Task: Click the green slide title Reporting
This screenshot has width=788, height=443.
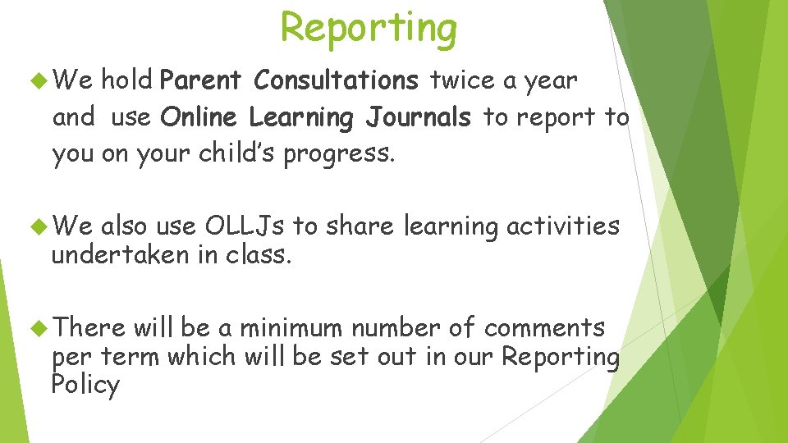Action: pos(369,28)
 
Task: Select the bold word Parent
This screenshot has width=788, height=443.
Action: pos(201,80)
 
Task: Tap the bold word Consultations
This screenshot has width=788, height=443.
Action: pos(336,80)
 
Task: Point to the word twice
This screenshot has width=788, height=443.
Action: pos(461,80)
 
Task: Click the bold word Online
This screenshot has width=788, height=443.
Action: pos(200,117)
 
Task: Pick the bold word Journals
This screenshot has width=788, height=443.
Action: pos(419,117)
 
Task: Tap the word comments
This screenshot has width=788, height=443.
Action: pos(544,328)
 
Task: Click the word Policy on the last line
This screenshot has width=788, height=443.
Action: pos(85,385)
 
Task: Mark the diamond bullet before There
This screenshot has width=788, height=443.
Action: pos(36,328)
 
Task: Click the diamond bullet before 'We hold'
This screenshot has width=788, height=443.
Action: pos(36,80)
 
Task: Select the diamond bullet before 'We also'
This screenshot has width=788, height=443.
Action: pos(36,226)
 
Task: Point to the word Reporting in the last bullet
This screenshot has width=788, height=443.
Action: pos(561,358)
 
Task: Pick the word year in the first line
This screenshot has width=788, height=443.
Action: pos(552,80)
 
